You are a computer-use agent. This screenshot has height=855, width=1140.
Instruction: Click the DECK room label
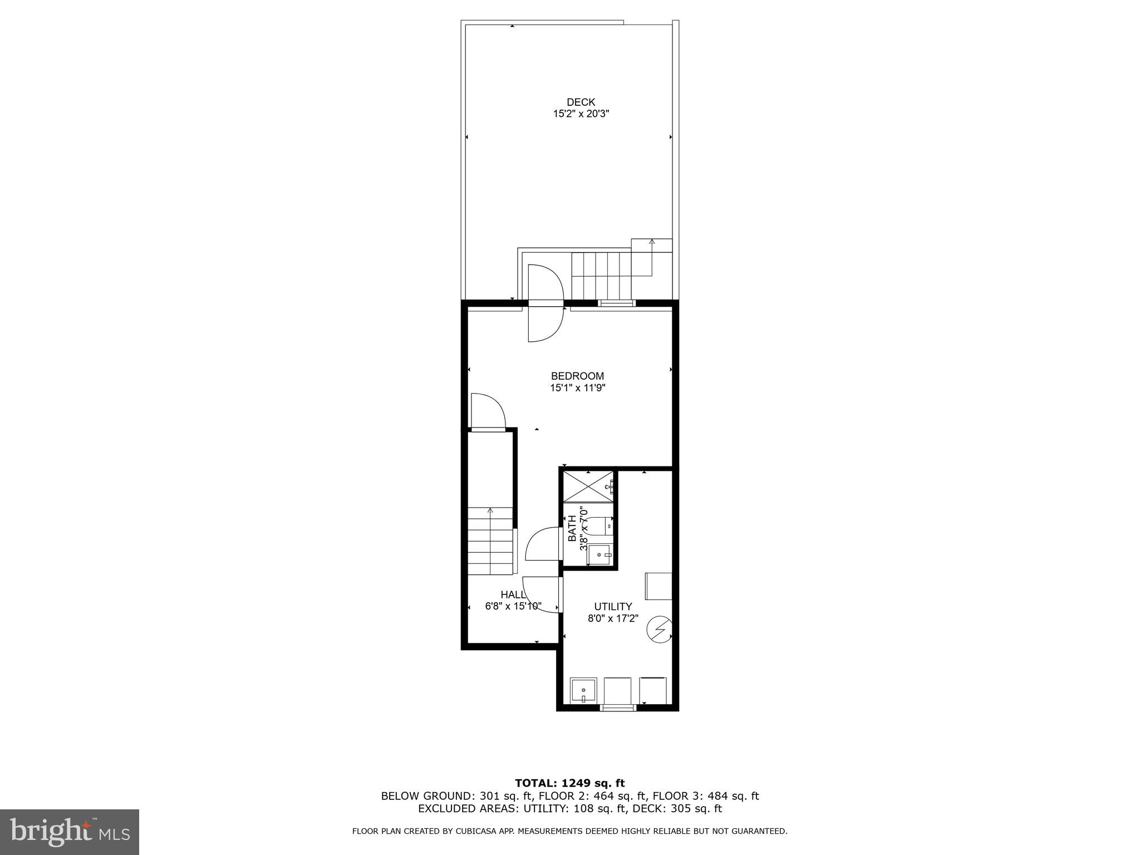click(581, 102)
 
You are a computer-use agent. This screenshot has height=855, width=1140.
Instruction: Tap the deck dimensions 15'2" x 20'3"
click(581, 114)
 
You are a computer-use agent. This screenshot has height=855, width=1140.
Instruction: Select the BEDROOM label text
click(577, 376)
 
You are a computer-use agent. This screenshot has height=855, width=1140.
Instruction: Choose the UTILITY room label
click(613, 607)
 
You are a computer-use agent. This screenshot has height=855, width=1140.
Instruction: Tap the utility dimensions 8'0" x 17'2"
click(613, 618)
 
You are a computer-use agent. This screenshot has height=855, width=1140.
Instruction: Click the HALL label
click(513, 594)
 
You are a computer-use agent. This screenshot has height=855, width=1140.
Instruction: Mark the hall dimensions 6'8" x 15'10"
click(513, 606)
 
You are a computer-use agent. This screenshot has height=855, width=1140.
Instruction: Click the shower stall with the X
click(588, 485)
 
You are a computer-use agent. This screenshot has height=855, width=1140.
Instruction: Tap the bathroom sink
click(600, 554)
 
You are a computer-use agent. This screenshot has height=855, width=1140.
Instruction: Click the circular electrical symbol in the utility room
click(660, 628)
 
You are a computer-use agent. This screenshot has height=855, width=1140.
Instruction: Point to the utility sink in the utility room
click(583, 691)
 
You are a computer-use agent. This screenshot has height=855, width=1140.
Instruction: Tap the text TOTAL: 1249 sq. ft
click(569, 784)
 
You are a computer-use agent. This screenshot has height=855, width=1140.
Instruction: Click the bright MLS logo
click(70, 832)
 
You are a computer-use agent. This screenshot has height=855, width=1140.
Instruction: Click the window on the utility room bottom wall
click(618, 707)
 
